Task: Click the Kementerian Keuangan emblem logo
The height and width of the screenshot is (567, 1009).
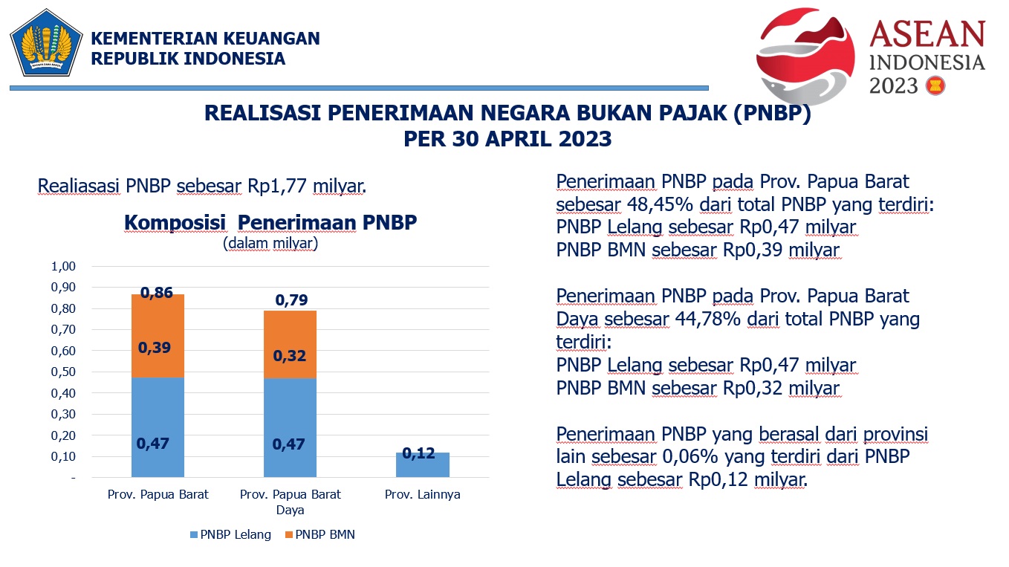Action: click(x=46, y=43)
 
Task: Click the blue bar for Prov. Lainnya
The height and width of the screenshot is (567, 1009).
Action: click(x=422, y=467)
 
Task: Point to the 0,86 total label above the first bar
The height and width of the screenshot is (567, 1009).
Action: click(x=157, y=293)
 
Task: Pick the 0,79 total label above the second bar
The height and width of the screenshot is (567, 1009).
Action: click(x=291, y=301)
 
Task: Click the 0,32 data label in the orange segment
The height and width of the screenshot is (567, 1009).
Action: click(x=289, y=356)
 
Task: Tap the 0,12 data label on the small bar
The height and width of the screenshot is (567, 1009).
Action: click(x=418, y=453)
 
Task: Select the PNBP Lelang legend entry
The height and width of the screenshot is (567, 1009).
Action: click(x=230, y=535)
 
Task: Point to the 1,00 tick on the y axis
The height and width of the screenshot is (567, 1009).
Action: click(x=63, y=266)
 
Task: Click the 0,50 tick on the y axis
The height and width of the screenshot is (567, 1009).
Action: click(x=63, y=372)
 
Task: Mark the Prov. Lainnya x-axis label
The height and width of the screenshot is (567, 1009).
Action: click(x=423, y=494)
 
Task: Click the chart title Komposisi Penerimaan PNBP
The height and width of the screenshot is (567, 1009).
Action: click(x=270, y=223)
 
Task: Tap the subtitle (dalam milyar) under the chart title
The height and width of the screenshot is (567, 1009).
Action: click(x=270, y=243)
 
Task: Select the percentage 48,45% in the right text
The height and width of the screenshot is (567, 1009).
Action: click(x=654, y=204)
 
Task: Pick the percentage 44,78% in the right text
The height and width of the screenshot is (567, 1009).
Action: click(x=704, y=320)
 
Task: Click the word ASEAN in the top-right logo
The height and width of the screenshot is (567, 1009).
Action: click(x=927, y=35)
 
